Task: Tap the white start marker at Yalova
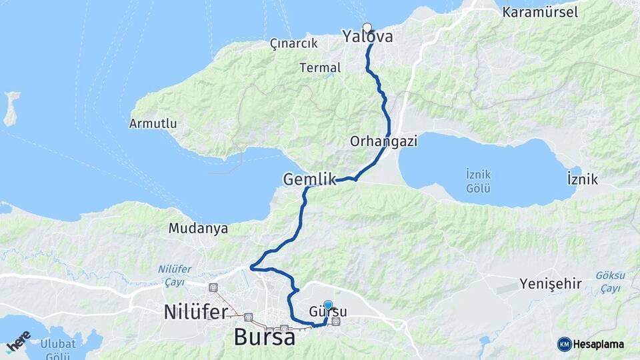click(367, 27)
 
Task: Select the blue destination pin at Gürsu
click(328, 305)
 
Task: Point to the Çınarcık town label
click(292, 44)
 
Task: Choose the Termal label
click(320, 67)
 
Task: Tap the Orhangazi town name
click(374, 141)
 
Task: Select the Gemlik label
click(307, 179)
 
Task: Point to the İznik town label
click(582, 179)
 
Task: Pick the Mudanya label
click(198, 229)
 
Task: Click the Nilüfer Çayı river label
click(175, 275)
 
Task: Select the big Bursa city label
click(265, 337)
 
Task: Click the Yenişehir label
click(551, 284)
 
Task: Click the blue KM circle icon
click(564, 344)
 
